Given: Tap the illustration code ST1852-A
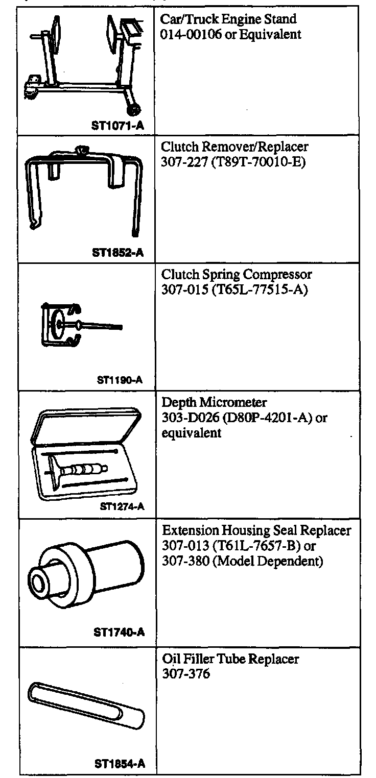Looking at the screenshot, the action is (x=118, y=252).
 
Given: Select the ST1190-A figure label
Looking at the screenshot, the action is (x=119, y=380).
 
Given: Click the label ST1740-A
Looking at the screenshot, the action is (x=119, y=633).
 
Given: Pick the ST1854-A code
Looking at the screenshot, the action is (x=120, y=764).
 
